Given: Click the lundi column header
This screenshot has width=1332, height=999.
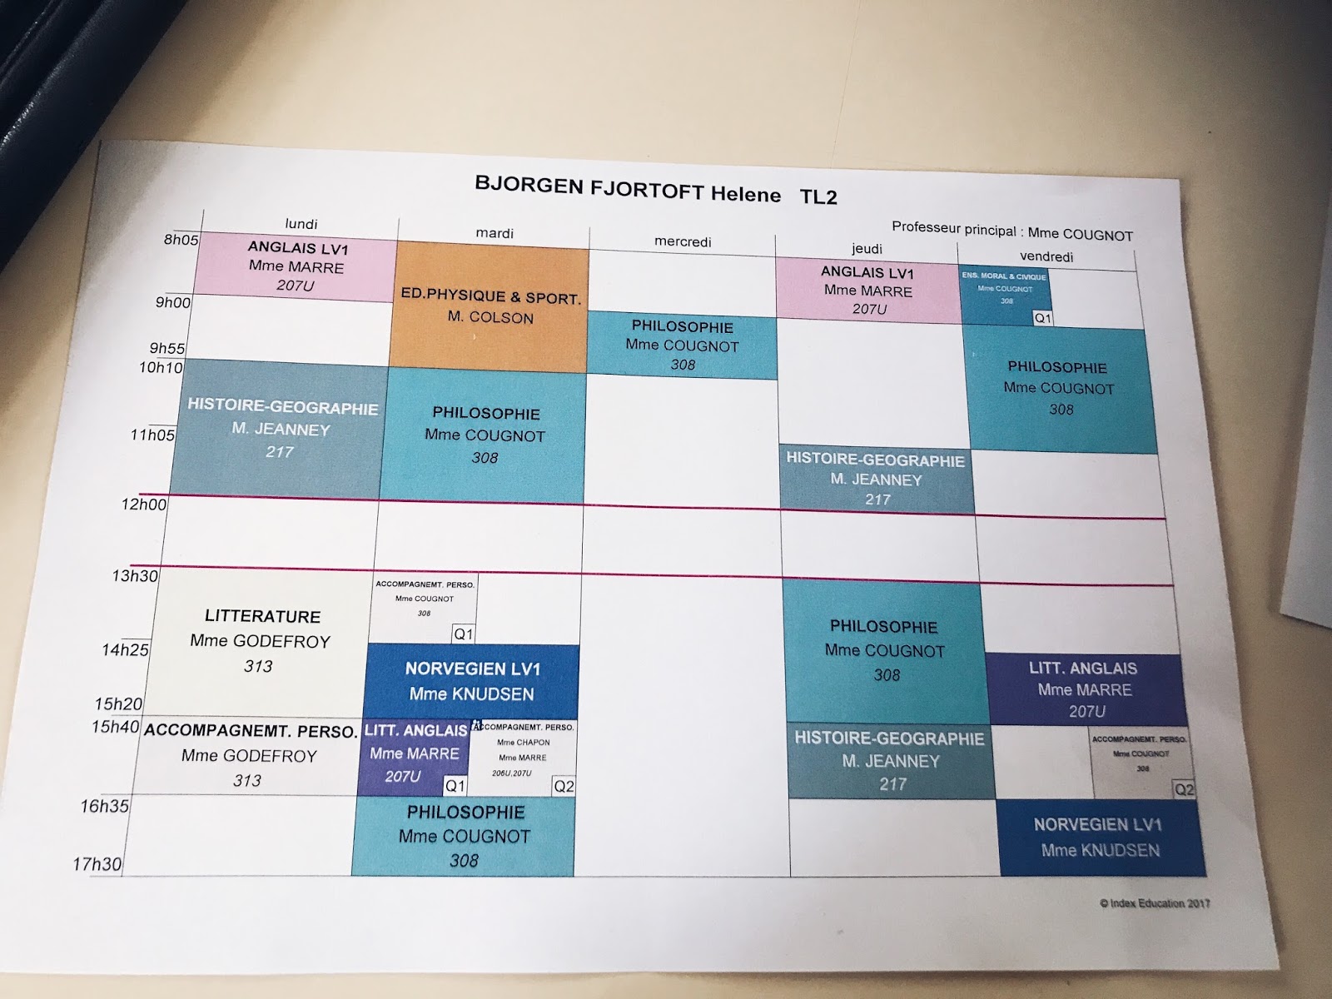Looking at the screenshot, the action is [301, 224].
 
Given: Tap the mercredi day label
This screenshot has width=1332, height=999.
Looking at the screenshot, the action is [683, 241].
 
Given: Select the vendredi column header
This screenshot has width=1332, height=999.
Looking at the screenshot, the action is [1046, 256].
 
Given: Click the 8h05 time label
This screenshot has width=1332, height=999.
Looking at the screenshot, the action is [181, 240].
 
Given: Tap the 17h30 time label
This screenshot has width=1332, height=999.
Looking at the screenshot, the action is [97, 863].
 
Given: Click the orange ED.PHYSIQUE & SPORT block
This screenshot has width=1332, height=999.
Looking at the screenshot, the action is [490, 306].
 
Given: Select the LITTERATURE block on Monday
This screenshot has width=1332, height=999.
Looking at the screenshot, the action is [261, 641].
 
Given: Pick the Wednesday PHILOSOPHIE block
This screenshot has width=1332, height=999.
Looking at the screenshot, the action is [682, 345].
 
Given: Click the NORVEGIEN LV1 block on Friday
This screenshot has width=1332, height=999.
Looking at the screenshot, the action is [1099, 837].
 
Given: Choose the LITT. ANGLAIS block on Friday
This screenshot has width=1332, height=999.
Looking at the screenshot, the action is [1085, 689].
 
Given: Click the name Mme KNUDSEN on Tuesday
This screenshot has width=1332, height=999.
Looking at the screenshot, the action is [471, 694].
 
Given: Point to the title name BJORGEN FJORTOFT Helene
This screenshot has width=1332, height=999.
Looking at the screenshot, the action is [627, 189].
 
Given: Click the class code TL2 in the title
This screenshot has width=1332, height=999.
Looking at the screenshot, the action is [818, 197].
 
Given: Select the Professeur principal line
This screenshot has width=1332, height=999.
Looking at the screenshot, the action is [1011, 231].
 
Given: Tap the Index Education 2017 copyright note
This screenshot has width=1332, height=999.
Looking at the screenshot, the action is [1155, 903].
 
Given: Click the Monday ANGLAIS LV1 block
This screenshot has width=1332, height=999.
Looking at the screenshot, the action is [297, 266].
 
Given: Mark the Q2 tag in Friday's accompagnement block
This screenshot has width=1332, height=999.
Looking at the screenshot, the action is [1183, 789].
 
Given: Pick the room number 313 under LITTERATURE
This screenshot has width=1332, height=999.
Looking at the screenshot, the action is [258, 666].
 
